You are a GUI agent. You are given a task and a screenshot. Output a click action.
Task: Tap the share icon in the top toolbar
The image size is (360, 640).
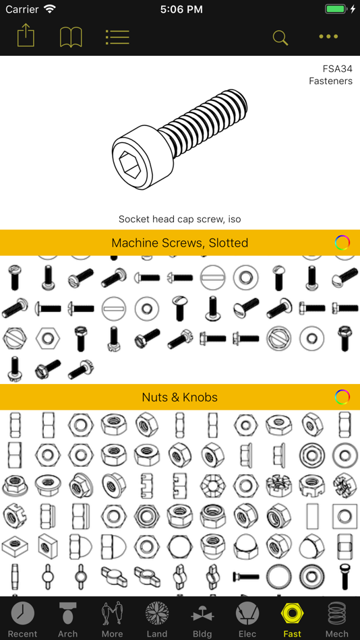pos(26,36)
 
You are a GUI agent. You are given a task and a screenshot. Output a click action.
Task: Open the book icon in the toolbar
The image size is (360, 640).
pos(71,37)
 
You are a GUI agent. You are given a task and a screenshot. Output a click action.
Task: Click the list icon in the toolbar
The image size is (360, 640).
pos(117,37)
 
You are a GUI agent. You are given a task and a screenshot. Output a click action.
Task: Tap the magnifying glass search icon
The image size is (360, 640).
pos(280,38)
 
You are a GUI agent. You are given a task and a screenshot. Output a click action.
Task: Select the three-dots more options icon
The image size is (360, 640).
pos(328,37)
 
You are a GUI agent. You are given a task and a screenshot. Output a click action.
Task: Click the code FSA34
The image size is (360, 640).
pos(337,68)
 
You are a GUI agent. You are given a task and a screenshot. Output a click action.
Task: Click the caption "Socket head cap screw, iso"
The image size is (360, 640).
pos(180,219)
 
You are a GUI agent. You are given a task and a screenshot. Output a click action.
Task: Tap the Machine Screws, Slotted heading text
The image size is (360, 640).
pos(180,243)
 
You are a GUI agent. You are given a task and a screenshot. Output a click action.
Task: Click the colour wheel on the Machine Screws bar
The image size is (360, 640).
pos(342,243)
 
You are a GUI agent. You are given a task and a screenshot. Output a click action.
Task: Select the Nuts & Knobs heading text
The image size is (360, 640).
pos(180,397)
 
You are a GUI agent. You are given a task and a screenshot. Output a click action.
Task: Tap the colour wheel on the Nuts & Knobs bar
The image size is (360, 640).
pos(342,397)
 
